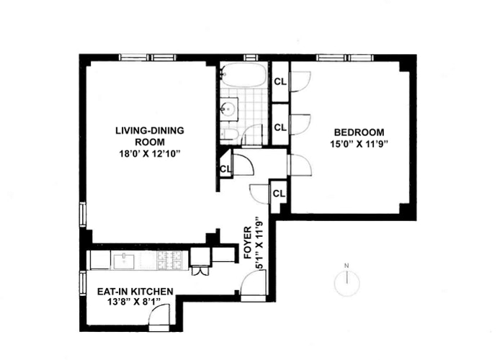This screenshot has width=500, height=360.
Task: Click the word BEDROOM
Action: (x=359, y=132)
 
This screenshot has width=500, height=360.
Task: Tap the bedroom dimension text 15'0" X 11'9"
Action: (x=359, y=144)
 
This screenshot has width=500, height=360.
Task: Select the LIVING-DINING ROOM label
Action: (x=150, y=136)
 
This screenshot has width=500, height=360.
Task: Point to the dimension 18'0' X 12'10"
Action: (x=150, y=154)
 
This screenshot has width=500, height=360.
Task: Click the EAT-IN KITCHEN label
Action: (x=135, y=291)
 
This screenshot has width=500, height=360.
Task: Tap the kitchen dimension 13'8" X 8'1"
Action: (x=133, y=302)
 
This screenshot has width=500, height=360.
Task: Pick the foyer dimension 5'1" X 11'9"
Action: (x=259, y=243)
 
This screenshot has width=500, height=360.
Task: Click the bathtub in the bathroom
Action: (x=244, y=75)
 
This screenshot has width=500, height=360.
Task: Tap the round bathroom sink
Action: (x=228, y=109)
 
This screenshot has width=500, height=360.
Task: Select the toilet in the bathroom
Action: (x=228, y=134)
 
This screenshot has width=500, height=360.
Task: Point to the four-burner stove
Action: (x=169, y=260)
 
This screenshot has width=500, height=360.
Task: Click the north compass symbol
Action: (x=347, y=283)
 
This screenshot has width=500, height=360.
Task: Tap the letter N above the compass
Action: (x=347, y=266)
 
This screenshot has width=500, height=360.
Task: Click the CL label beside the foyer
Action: (x=279, y=194)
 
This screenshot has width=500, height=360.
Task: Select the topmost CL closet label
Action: (x=280, y=81)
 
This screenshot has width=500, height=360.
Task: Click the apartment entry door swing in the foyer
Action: (x=253, y=283)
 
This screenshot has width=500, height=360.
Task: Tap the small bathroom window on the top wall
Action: (x=250, y=58)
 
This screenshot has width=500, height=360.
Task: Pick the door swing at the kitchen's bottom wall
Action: (x=159, y=315)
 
